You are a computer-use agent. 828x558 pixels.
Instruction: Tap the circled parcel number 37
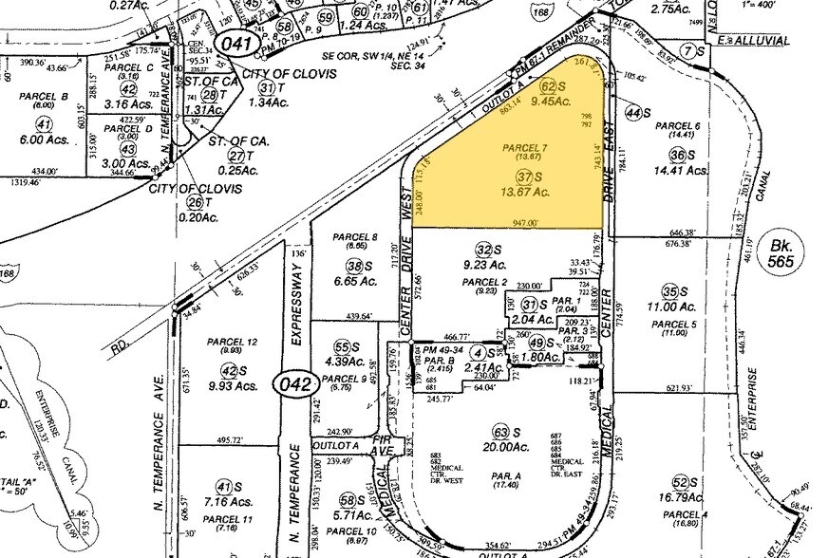pos(522,177)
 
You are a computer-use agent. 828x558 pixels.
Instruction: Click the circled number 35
pos(670,291)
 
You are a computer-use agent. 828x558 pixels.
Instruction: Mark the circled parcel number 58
pos(347,500)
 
